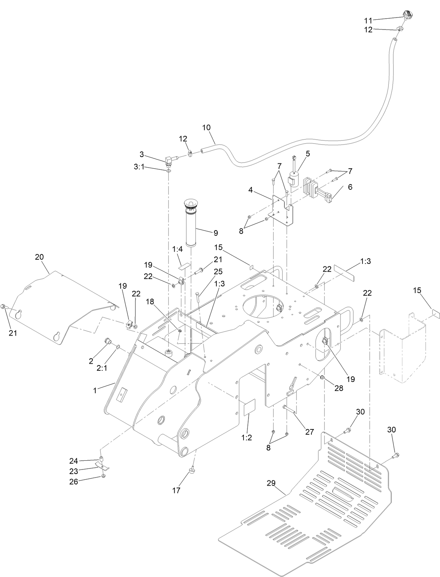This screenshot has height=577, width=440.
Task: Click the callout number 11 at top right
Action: pyautogui.click(x=367, y=20)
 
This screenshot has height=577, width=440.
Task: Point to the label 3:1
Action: pyautogui.click(x=139, y=168)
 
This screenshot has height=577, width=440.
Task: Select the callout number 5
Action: pyautogui.click(x=308, y=153)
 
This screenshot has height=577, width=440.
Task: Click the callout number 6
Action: pyautogui.click(x=350, y=187)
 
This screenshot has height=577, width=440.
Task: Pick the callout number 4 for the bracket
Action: pyautogui.click(x=250, y=190)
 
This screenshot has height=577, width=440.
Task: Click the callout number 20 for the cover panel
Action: pyautogui.click(x=39, y=257)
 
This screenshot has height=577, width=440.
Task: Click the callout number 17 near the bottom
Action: pyautogui.click(x=176, y=490)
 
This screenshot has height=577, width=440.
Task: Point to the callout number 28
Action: pyautogui.click(x=339, y=388)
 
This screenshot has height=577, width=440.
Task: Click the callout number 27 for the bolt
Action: pyautogui.click(x=309, y=432)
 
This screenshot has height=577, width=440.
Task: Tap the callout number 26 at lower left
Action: pyautogui.click(x=73, y=482)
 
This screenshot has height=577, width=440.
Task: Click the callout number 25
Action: pyautogui.click(x=218, y=271)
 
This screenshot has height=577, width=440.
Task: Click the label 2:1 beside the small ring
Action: pyautogui.click(x=102, y=368)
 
